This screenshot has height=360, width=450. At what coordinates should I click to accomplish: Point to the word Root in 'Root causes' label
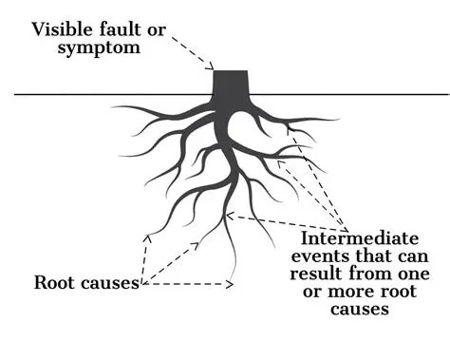[x=55, y=282]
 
